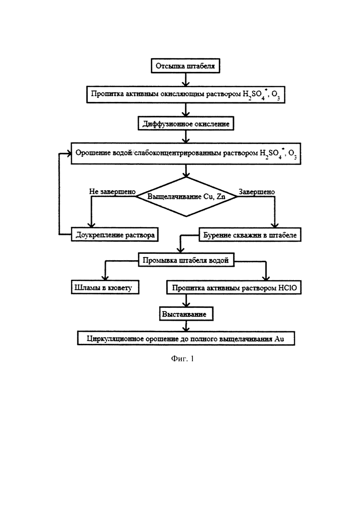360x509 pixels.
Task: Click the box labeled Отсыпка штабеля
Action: (186, 66)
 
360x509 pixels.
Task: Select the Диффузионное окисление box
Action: (186, 124)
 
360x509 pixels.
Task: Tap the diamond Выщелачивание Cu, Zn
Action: (186, 197)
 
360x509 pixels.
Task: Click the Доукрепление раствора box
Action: (115, 234)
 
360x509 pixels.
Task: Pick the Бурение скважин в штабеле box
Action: (250, 235)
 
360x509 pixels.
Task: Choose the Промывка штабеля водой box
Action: (186, 260)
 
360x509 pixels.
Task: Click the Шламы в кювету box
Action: (105, 287)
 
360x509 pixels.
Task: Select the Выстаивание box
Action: (186, 314)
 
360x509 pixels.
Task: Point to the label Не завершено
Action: (112, 192)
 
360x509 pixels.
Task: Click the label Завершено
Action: (257, 192)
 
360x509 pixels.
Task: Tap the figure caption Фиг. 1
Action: (182, 359)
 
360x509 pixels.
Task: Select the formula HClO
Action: (288, 287)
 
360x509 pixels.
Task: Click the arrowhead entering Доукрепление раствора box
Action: (91, 224)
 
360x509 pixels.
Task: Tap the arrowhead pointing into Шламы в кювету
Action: (105, 277)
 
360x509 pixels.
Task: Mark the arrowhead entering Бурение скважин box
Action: (275, 225)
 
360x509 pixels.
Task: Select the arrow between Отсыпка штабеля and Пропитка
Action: (186, 79)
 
